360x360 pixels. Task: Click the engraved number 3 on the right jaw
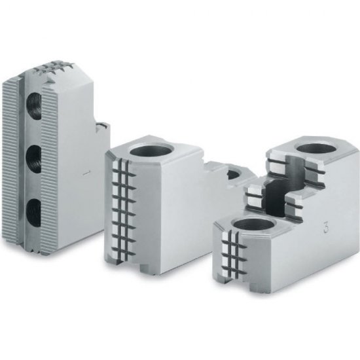pos(325,227)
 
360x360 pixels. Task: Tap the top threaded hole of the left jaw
pos(35,106)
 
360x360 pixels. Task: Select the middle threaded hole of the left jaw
pos(34,159)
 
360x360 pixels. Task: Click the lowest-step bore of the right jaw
pos(253,226)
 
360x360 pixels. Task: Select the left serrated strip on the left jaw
pos(10,160)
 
